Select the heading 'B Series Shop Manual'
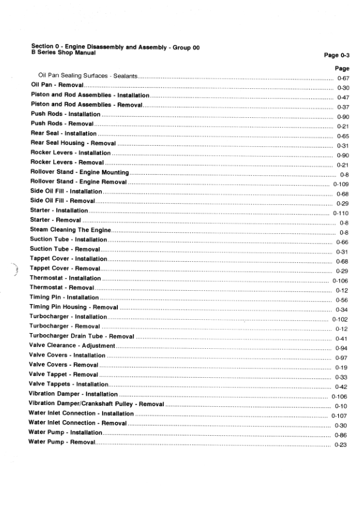coord(63,52)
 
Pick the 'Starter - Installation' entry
coord(59,210)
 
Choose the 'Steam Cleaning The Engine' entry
coord(71,230)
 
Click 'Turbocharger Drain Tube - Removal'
coord(82,336)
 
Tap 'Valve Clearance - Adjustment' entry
coord(72,346)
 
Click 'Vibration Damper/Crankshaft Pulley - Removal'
coord(96,403)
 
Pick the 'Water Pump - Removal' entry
coord(62,443)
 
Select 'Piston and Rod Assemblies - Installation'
coord(90,96)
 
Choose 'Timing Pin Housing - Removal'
coord(73,307)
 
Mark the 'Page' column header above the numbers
coord(342,68)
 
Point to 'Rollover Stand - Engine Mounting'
coord(80,172)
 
